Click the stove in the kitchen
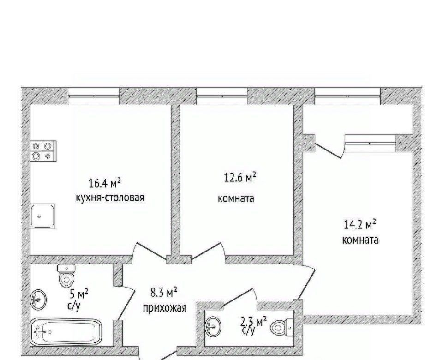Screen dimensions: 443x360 point(43,151)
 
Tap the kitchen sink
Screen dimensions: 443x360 point(43,216)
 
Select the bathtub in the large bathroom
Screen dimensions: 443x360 point(66,332)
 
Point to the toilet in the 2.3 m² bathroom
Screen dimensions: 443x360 point(282,328)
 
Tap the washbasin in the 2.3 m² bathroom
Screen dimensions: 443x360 point(213,327)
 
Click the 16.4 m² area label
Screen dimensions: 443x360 point(105,184)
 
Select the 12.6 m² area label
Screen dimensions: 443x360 point(240,178)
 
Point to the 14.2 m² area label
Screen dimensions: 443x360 point(360,225)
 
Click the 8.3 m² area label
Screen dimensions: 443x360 point(164,293)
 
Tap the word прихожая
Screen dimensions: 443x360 point(164,308)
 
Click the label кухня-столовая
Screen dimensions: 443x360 point(110,198)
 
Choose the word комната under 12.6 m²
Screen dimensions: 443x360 point(236,198)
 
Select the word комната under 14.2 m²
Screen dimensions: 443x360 point(360,240)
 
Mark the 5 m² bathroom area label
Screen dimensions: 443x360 point(79,295)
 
